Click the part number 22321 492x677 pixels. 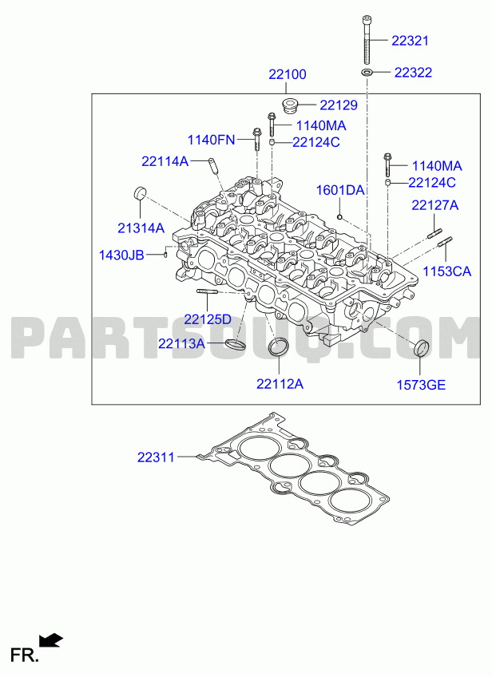click(410, 41)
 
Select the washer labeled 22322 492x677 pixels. click(367, 71)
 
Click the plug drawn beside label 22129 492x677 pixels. click(289, 105)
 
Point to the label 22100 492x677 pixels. click(288, 74)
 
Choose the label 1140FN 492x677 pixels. click(211, 140)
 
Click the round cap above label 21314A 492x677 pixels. click(140, 193)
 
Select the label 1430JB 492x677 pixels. click(121, 255)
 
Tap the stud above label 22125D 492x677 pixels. click(207, 291)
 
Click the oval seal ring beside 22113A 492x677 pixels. click(235, 344)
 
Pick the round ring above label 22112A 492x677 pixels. click(279, 346)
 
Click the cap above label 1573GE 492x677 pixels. click(422, 348)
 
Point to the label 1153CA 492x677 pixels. click(446, 271)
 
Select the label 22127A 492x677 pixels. click(435, 205)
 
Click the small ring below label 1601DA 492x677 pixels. click(340, 216)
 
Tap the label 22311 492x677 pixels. click(156, 457)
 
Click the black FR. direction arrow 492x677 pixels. click(51, 639)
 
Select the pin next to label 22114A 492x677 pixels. click(212, 165)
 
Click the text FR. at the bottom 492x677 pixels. click(25, 655)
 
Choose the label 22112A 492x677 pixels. click(280, 383)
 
